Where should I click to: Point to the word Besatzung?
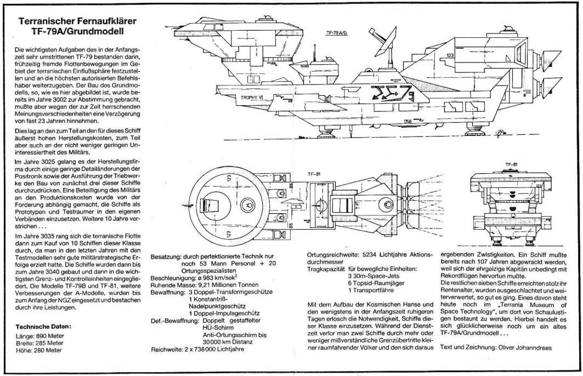[x=166, y=256]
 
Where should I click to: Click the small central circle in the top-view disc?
[x=246, y=207]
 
